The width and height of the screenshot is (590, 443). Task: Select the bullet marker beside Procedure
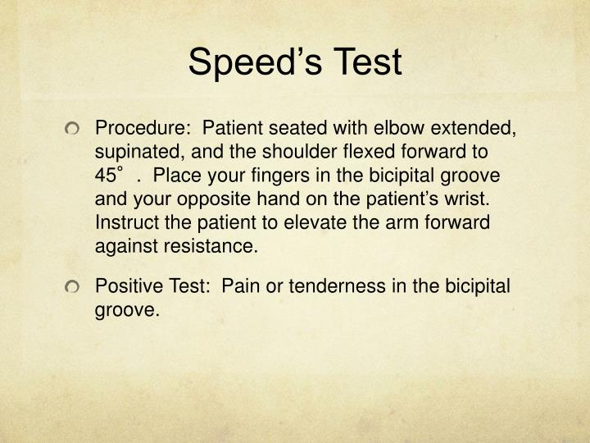click(78, 129)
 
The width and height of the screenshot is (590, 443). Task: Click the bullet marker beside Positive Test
click(78, 287)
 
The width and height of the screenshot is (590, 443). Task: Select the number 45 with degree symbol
click(109, 176)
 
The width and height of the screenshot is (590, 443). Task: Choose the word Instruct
click(124, 223)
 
